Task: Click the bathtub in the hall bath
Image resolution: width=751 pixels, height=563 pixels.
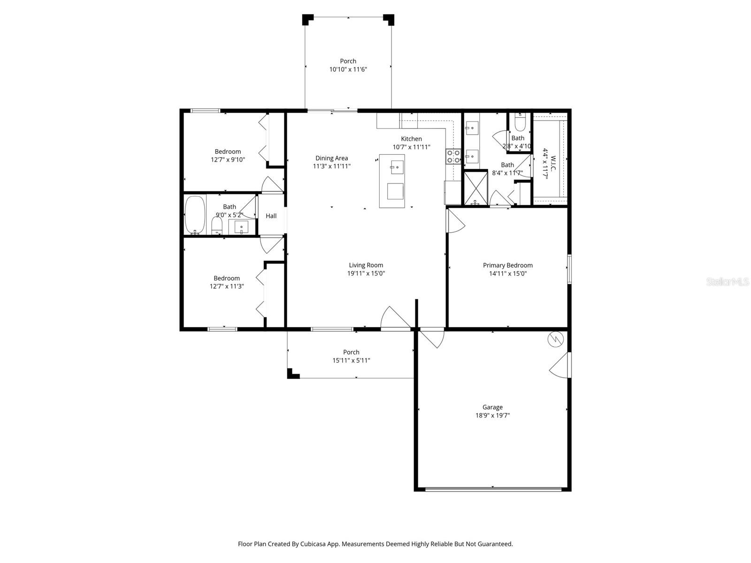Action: pyautogui.click(x=195, y=214)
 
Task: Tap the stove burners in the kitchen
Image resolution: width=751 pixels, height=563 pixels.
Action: pyautogui.click(x=453, y=156)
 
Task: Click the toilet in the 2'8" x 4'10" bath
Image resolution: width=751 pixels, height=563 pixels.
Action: pyautogui.click(x=520, y=123)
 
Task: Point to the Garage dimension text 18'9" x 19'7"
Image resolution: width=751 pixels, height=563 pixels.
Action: pyautogui.click(x=492, y=415)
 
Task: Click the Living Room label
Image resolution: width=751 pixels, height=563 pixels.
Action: pyautogui.click(x=366, y=265)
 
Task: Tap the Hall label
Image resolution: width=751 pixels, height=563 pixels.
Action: pyautogui.click(x=271, y=216)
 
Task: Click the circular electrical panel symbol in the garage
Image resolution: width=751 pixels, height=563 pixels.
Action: pyautogui.click(x=555, y=339)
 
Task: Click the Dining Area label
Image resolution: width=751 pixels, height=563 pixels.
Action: pyautogui.click(x=331, y=158)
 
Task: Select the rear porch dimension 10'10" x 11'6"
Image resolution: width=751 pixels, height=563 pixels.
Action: pyautogui.click(x=348, y=69)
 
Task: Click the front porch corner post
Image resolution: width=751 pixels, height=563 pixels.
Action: pyautogui.click(x=292, y=374)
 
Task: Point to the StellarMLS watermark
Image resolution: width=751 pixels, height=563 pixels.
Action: pyautogui.click(x=728, y=281)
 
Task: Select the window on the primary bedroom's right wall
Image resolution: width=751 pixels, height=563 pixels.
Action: pyautogui.click(x=569, y=269)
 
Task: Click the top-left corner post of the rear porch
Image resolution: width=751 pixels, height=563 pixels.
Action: pyautogui.click(x=307, y=19)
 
